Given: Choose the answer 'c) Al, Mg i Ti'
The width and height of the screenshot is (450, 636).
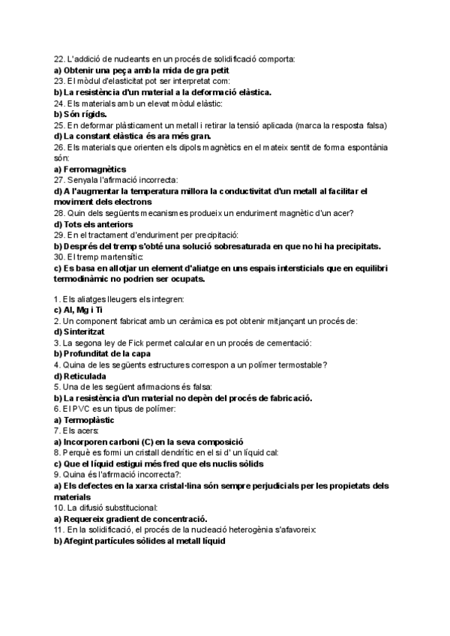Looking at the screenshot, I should click(x=79, y=309).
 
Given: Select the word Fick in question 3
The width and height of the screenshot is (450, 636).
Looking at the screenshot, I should click(x=129, y=342).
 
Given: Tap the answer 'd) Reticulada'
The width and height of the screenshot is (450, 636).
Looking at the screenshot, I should click(x=79, y=375).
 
